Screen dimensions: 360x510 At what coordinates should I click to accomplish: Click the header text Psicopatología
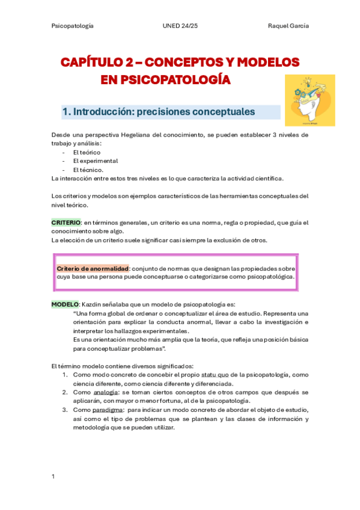72,26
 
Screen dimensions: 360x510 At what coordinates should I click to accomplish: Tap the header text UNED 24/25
180,26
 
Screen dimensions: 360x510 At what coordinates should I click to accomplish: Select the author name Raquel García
288,26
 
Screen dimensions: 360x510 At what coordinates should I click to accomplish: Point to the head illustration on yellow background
310,100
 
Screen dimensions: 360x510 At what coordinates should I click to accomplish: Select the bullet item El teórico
87,152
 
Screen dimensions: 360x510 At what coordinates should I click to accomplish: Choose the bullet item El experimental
95,161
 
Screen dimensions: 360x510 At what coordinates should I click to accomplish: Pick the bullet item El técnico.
88,170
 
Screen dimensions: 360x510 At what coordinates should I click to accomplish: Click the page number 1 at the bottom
53,476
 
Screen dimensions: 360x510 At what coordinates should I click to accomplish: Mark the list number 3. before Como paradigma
65,410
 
